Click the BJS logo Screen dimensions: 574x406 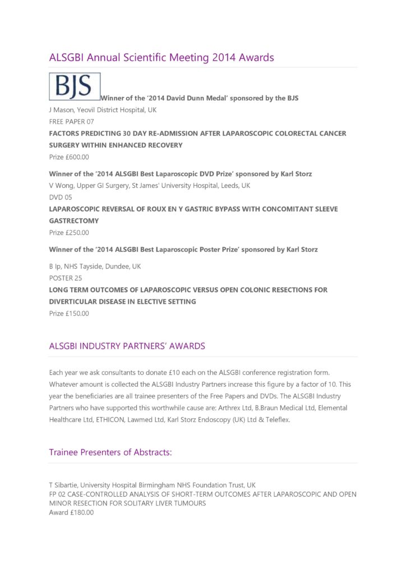click(75, 86)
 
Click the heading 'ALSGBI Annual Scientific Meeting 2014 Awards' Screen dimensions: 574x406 click(162, 58)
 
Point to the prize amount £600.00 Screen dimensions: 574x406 click(77, 157)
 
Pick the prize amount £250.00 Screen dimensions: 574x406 click(77, 233)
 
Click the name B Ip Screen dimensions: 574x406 click(55, 266)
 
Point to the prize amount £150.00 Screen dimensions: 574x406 click(77, 313)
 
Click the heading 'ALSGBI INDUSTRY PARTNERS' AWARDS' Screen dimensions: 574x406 click(127, 346)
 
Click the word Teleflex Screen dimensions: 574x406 click(275, 419)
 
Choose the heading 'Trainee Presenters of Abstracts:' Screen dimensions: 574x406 click(110, 452)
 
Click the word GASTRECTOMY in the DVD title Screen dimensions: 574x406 click(73, 221)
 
